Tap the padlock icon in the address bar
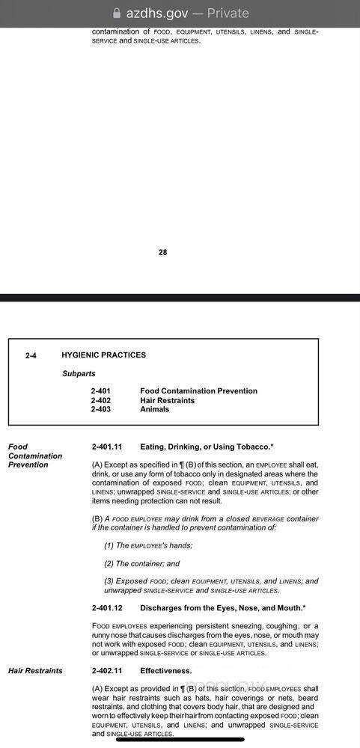click(116, 13)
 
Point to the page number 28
click(163, 252)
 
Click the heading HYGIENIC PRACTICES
click(103, 355)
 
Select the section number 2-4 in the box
click(31, 355)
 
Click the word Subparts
click(79, 373)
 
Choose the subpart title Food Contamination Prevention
click(198, 391)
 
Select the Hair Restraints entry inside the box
click(167, 400)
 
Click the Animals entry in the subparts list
click(155, 409)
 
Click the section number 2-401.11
click(107, 447)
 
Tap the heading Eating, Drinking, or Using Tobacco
click(207, 447)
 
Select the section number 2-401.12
click(107, 608)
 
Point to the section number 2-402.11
click(107, 671)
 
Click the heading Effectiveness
click(165, 671)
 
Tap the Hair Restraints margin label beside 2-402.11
click(35, 671)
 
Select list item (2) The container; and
click(142, 563)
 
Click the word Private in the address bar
click(228, 13)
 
